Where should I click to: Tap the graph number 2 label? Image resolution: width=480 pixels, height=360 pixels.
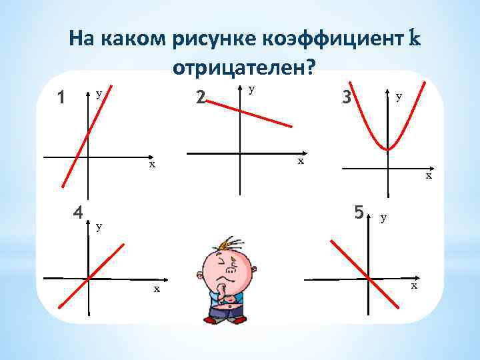[x=201, y=98]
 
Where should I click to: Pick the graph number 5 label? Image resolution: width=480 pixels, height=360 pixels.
[x=359, y=213]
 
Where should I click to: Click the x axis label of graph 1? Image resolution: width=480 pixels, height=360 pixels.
[x=152, y=164]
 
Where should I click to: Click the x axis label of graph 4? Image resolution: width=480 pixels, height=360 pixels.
[x=157, y=289]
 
